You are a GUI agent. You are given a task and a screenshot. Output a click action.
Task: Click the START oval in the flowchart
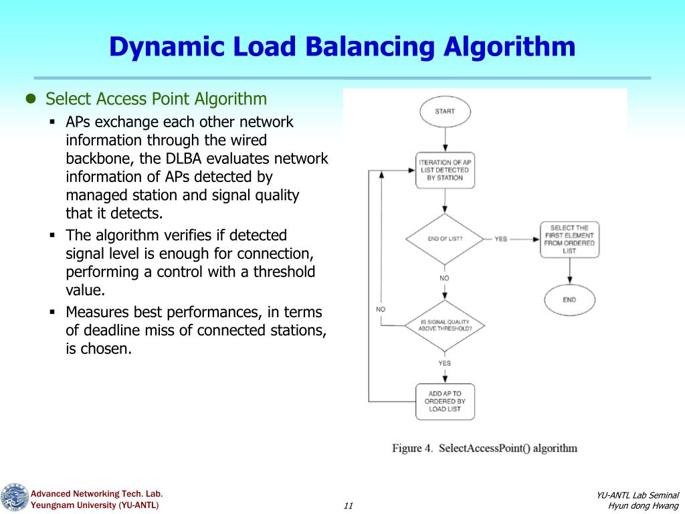coord(445,111)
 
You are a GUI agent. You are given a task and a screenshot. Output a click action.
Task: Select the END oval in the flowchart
coord(569,299)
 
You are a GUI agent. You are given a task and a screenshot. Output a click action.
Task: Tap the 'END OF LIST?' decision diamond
coord(445,239)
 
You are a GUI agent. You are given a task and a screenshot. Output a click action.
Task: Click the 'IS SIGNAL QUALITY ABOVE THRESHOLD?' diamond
coord(445,325)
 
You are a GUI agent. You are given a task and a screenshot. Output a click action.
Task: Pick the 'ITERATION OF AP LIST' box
coord(445,170)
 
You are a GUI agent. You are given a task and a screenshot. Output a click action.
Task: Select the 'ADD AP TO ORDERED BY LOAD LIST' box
coord(445,401)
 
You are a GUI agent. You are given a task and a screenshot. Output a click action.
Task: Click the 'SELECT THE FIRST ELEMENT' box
coord(569,239)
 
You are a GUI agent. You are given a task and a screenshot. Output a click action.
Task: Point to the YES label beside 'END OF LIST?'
coord(501,239)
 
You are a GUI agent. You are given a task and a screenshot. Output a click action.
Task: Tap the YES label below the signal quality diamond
coord(445,363)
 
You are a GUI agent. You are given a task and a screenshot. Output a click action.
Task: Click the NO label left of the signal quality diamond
coord(381,309)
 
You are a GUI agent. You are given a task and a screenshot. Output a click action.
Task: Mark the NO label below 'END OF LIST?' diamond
coord(445,278)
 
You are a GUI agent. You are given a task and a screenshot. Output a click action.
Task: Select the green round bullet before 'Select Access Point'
coord(30,99)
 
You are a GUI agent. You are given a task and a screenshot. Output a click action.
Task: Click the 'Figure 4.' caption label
coord(412,448)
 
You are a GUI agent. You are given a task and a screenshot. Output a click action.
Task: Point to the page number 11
coord(348,505)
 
